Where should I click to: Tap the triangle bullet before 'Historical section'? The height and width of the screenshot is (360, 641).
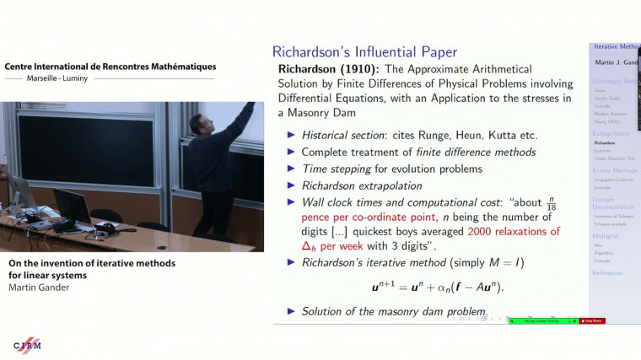(x=292, y=136)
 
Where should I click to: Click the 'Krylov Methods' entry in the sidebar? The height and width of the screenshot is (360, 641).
(x=613, y=169)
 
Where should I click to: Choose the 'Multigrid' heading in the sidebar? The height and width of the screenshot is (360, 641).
(x=606, y=241)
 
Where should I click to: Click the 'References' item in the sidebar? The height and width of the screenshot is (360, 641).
(x=606, y=272)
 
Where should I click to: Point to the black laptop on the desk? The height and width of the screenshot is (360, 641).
(x=74, y=207)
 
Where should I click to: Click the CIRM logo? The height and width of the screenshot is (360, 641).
(x=28, y=345)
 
